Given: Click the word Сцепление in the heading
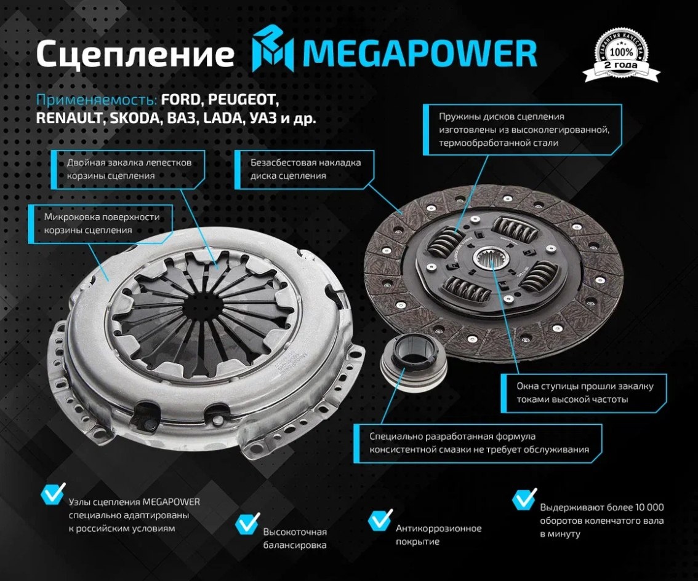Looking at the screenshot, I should [x=135, y=54].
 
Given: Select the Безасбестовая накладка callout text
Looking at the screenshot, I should [x=305, y=169].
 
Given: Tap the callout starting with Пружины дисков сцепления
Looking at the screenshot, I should [x=523, y=129].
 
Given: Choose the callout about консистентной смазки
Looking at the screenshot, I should [x=478, y=443].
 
